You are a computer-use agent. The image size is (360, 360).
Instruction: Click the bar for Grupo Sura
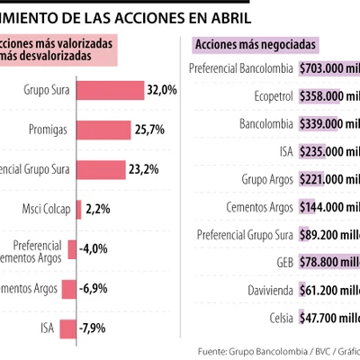[111, 91]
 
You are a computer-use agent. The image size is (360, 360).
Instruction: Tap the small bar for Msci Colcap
[80, 210]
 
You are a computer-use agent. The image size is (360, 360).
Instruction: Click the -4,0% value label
[93, 248]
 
